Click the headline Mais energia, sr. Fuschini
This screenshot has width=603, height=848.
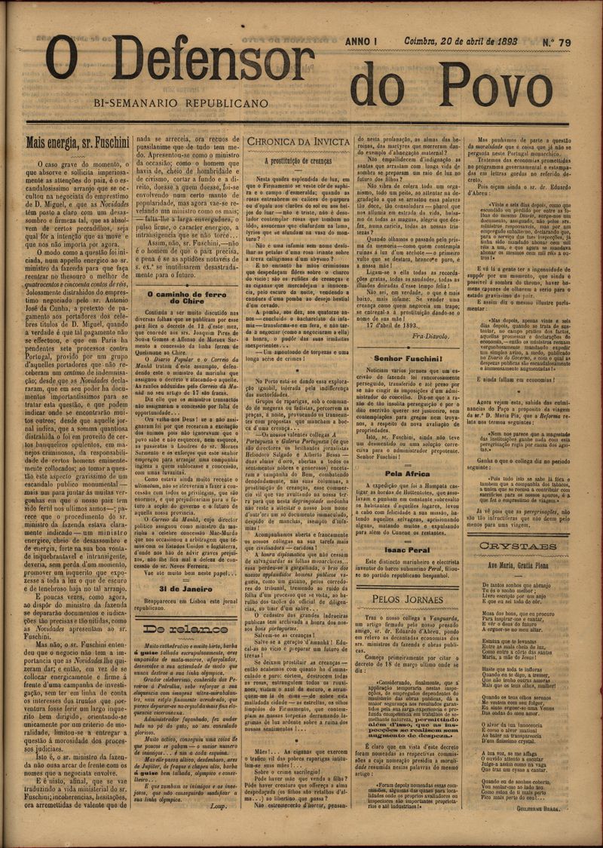pyautogui.click(x=78, y=142)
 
